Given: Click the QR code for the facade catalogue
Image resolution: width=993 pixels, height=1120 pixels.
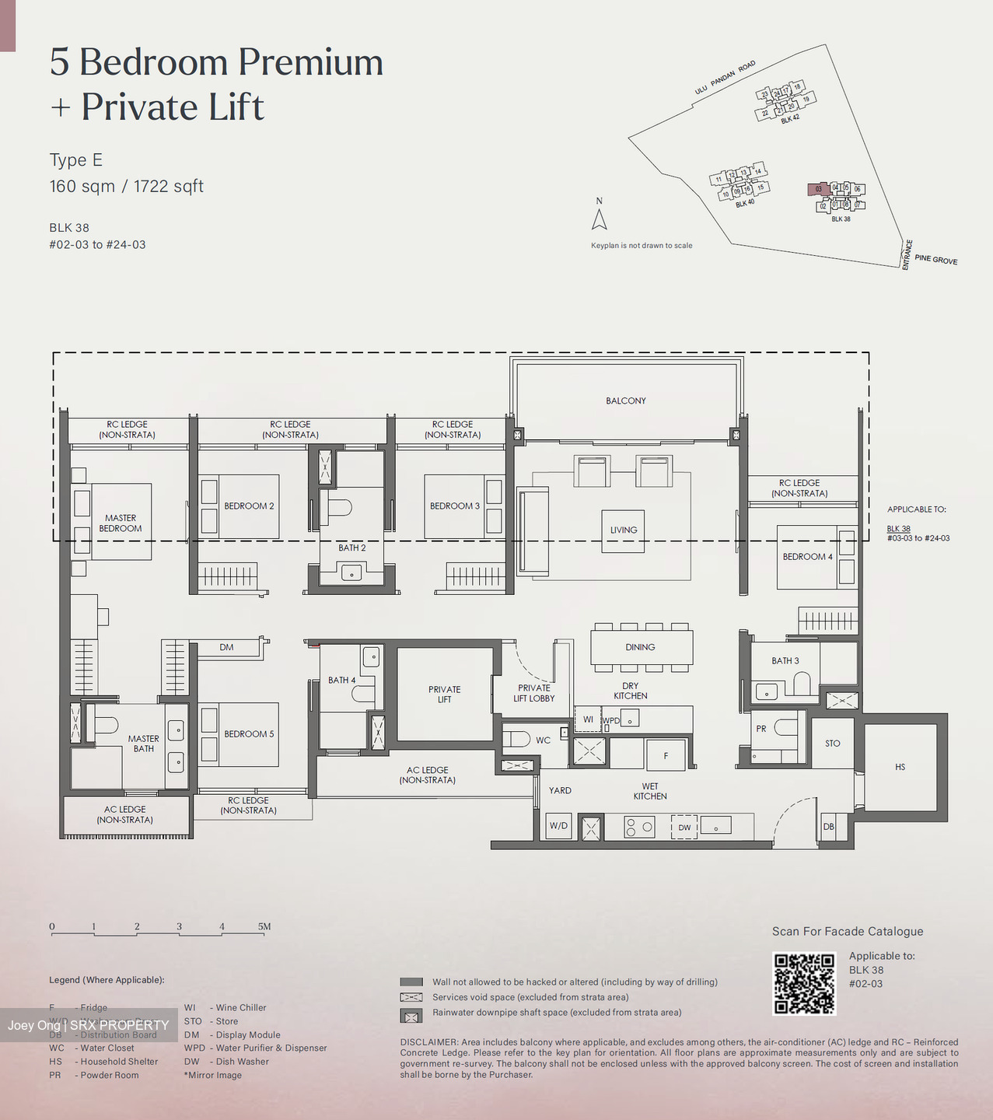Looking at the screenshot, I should click(804, 983).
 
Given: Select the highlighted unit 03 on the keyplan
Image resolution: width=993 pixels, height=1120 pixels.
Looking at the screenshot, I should click(818, 189).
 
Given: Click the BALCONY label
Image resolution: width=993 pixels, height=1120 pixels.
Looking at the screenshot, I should click(626, 401).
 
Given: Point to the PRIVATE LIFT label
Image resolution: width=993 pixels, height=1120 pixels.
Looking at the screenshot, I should click(444, 694).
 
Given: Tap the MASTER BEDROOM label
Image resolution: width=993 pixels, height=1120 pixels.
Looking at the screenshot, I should click(121, 523).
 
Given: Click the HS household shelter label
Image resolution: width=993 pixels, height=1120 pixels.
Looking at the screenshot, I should click(900, 767).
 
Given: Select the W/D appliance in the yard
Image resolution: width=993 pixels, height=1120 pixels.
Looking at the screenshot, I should click(558, 825).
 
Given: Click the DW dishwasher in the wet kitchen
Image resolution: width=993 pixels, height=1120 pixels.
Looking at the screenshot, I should click(684, 827).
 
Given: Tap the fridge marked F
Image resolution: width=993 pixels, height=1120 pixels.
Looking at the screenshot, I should click(666, 755).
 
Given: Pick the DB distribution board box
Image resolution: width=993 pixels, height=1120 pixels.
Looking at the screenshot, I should click(828, 826).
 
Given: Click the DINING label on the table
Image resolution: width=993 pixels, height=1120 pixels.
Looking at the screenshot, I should click(640, 647).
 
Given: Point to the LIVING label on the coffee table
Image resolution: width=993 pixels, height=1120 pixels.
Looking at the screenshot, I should click(624, 530).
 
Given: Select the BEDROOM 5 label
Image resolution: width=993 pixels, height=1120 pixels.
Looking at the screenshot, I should click(249, 733).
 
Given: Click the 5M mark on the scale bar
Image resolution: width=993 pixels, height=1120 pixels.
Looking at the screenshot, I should click(264, 926).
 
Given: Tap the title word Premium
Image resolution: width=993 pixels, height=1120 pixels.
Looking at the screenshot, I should click(310, 62).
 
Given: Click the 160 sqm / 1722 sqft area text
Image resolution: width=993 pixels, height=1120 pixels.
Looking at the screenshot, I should click(126, 187).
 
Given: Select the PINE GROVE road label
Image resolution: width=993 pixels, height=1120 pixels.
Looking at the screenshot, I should click(935, 260).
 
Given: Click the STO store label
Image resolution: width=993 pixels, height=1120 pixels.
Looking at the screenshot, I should click(832, 744).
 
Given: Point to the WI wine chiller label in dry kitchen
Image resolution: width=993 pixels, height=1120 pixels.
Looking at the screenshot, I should click(588, 719).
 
